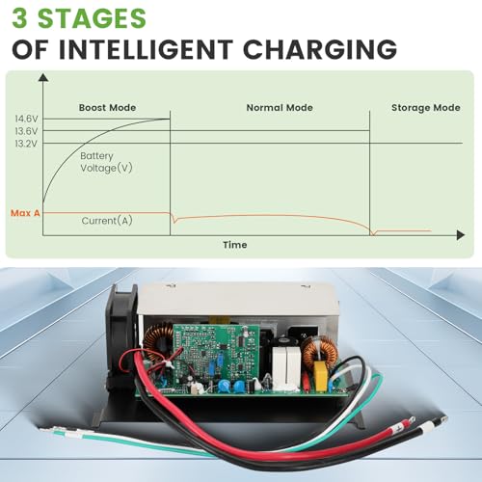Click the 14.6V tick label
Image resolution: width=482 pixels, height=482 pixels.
26,119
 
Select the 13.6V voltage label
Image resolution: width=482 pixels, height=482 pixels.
26,131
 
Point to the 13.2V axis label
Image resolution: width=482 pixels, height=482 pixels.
26,144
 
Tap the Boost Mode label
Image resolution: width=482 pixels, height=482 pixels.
107,108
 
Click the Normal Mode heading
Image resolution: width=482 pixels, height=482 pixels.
280,108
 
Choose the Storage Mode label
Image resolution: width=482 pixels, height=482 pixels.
426,108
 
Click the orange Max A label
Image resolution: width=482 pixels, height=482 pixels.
25,213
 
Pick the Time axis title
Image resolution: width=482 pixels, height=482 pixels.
235,245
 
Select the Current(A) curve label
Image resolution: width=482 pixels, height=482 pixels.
107,221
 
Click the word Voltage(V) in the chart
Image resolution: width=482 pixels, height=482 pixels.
106,168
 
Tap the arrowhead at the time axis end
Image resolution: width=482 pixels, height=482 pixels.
461,235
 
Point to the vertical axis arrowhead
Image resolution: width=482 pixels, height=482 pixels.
43,77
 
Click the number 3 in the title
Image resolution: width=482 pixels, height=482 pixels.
19,18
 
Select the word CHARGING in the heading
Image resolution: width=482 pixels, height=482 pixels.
320,49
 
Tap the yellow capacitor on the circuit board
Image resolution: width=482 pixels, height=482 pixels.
320,376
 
